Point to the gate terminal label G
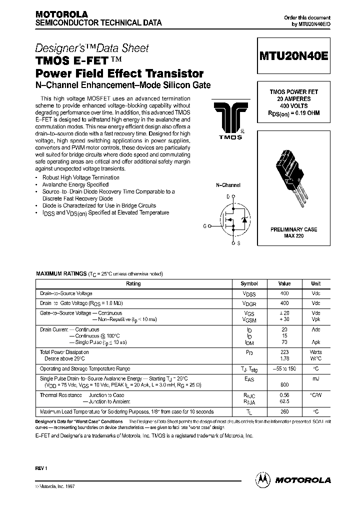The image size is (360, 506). tap(204, 226)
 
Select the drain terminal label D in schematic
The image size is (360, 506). tap(228, 197)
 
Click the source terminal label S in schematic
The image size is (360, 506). tap(238, 243)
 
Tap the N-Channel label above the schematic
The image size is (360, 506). tap(228, 185)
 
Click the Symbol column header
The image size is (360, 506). tap(249, 283)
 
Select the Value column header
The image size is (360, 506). tap(284, 283)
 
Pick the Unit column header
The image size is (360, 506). tap(316, 283)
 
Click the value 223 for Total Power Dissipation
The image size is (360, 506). tap(284, 352)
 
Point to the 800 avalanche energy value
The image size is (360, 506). tap(284, 384)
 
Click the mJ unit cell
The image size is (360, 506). tap(316, 378)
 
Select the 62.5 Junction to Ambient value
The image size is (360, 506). tap(284, 401)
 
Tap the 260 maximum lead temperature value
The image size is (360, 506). tap(284, 411)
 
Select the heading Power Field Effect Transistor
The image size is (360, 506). tap(119, 73)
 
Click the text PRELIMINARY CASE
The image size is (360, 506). tap(293, 229)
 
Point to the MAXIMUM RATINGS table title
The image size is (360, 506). tap(60, 274)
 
